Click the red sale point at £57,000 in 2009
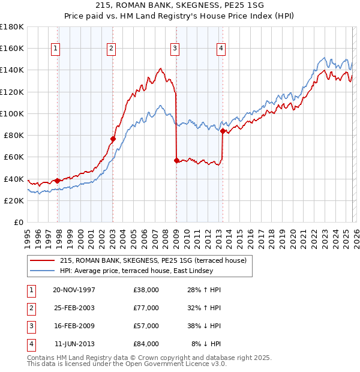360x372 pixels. pyautogui.click(x=176, y=160)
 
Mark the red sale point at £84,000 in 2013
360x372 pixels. pyautogui.click(x=223, y=131)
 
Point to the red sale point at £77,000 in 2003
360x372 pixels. pyautogui.click(x=113, y=139)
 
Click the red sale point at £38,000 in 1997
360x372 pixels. pyautogui.click(x=58, y=181)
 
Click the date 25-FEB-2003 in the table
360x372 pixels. pyautogui.click(x=74, y=308)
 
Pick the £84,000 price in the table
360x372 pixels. pyautogui.click(x=146, y=344)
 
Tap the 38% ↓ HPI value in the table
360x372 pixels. pyautogui.click(x=203, y=326)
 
